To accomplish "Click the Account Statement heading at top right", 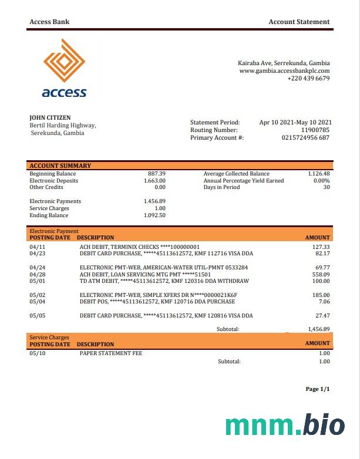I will coord(299,22).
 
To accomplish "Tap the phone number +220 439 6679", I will coord(308,79).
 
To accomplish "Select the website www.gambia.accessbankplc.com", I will coord(284,71).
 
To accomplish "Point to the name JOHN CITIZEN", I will coord(50,118).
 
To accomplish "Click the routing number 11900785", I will coord(315,130).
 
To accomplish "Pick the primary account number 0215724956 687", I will coord(305,137).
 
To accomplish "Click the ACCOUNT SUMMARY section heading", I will coord(60,166).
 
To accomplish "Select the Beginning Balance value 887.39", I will coord(157,174).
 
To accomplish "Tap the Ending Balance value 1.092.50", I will coord(154,215).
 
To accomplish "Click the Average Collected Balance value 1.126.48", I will coord(319,174).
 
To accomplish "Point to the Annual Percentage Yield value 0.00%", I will coord(321,181).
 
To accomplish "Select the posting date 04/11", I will coord(37,247).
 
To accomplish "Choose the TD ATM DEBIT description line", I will coord(164,281).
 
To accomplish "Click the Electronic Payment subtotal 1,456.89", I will coord(319,329).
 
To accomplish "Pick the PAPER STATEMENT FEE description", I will coord(111,353).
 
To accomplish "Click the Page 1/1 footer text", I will coord(318,389).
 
